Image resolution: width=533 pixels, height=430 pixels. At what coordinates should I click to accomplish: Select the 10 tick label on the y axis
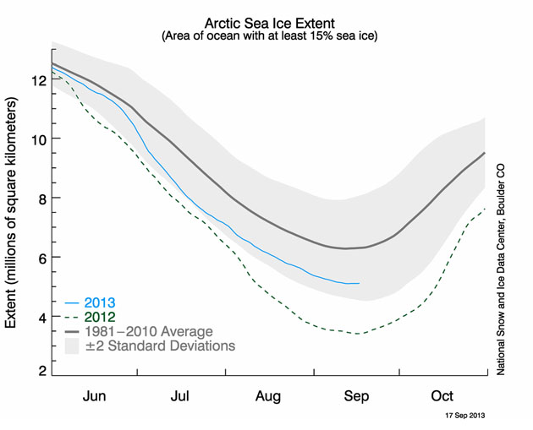coord(36,139)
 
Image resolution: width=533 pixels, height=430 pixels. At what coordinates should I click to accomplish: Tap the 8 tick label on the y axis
coord(39,198)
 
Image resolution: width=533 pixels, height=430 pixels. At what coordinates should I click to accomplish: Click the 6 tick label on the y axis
coord(39,258)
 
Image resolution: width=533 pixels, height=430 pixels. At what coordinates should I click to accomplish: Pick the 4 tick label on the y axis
coord(39,317)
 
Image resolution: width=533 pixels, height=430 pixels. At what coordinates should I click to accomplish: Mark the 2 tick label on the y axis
coord(39,369)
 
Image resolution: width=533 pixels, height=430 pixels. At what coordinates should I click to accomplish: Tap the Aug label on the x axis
coord(268,395)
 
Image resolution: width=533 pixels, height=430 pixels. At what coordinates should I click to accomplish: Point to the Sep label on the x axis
coord(355,395)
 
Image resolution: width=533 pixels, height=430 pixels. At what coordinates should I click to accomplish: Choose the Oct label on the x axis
coord(442,395)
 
